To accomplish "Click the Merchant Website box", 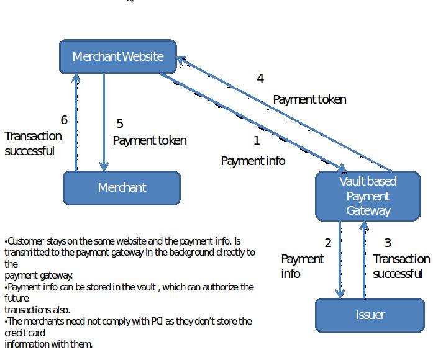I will pyautogui.click(x=118, y=56).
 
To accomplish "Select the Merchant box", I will pyautogui.click(x=122, y=187).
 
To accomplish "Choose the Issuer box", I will pyautogui.click(x=370, y=315).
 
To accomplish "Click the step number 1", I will pyautogui.click(x=257, y=141).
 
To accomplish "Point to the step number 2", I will pyautogui.click(x=328, y=243).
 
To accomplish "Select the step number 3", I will pyautogui.click(x=388, y=243).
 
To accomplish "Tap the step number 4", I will pyautogui.click(x=260, y=79).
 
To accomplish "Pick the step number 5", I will pyautogui.click(x=120, y=124).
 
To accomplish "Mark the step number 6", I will pyautogui.click(x=63, y=120).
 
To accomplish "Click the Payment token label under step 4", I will pyautogui.click(x=309, y=99).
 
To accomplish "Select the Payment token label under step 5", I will pyautogui.click(x=149, y=141).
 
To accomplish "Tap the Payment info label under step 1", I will pyautogui.click(x=253, y=161).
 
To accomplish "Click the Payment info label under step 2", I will pyautogui.click(x=303, y=266).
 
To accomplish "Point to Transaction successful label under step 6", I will pyautogui.click(x=34, y=143).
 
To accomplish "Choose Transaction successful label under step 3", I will pyautogui.click(x=401, y=266).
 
